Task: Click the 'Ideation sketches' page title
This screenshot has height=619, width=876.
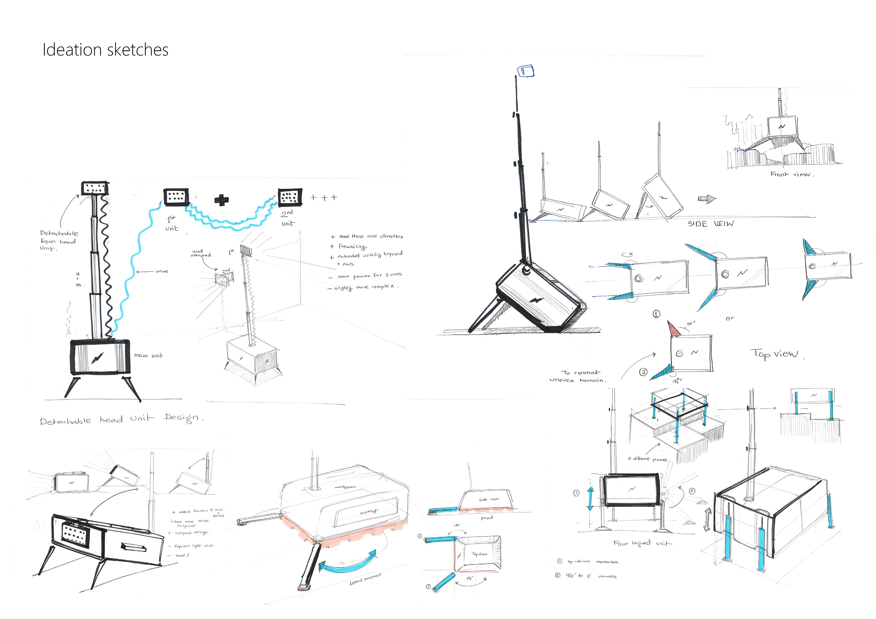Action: [x=105, y=50]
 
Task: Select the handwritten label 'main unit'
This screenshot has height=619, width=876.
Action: [x=148, y=355]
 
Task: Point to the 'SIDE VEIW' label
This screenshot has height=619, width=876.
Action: [x=710, y=224]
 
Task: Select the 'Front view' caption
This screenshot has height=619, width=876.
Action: [x=792, y=174]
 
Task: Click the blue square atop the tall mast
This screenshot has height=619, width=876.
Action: [x=525, y=71]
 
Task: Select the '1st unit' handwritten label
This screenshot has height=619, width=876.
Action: [x=172, y=224]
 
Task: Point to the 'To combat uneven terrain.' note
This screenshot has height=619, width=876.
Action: [x=578, y=376]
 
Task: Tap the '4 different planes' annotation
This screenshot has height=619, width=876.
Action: [x=647, y=459]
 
